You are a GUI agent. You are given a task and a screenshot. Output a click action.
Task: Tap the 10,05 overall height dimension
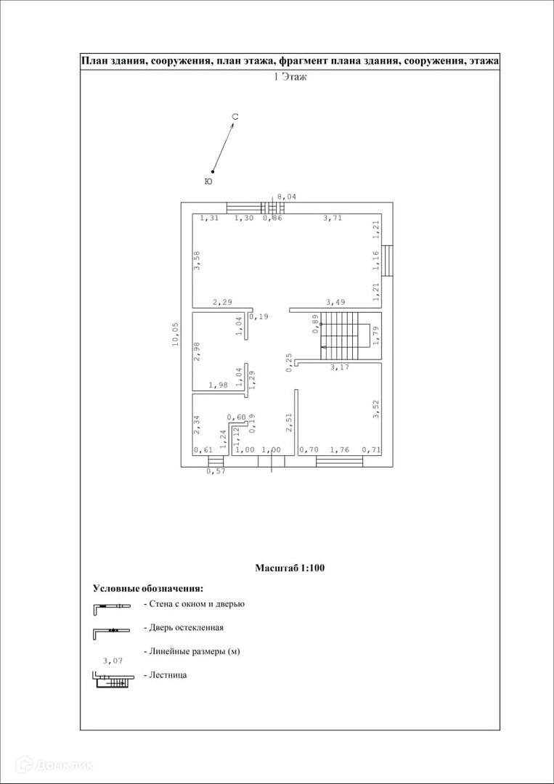175,335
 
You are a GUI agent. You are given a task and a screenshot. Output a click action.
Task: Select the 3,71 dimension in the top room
333,218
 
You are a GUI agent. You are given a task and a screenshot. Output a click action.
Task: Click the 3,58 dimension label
197,260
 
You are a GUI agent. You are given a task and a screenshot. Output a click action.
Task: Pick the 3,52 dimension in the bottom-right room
376,410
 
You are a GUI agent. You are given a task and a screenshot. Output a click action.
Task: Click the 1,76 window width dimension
339,450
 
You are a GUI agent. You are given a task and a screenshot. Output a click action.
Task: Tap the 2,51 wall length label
288,423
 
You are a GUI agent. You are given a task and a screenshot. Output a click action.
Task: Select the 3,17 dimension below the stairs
339,367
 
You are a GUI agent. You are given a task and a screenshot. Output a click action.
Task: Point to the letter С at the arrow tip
235,117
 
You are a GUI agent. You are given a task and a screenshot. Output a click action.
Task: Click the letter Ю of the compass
208,181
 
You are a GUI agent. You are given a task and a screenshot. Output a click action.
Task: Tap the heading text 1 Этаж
290,76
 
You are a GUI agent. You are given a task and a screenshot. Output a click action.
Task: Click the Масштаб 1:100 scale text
290,568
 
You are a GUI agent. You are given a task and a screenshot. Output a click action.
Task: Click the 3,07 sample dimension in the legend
113,661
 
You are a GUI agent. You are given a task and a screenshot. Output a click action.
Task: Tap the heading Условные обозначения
147,588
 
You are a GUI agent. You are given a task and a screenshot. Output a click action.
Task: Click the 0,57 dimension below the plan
216,471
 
